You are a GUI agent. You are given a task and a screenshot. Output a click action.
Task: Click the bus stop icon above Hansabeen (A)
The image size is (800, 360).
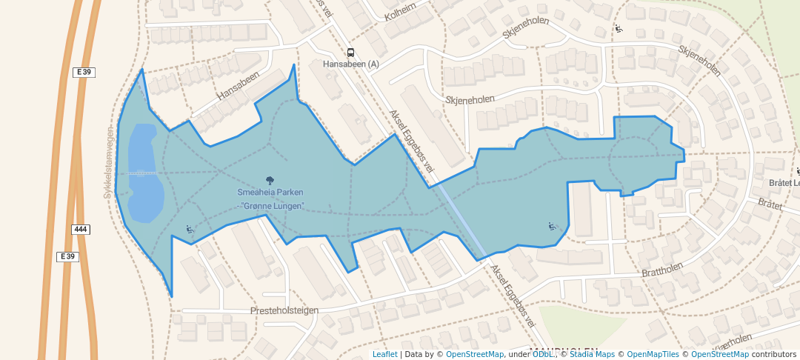(x=350, y=53)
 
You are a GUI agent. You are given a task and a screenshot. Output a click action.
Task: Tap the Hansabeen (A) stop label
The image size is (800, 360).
(x=351, y=64)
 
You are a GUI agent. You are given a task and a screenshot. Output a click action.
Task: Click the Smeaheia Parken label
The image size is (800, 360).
(x=269, y=193)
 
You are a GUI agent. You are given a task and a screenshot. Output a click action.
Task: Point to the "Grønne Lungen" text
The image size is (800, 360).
(x=273, y=205)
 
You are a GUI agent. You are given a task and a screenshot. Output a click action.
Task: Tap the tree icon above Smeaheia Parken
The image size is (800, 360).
(x=269, y=181)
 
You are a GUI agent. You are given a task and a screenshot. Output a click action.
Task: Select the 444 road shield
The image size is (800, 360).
(x=81, y=230)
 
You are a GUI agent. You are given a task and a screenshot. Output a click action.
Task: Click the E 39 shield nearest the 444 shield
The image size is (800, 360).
(x=67, y=256)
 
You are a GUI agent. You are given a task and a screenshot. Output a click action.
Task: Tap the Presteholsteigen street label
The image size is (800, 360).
(x=284, y=310)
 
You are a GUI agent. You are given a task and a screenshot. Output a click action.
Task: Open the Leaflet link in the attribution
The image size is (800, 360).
(x=384, y=354)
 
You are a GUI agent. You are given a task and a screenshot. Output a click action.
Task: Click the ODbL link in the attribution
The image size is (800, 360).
(x=544, y=354)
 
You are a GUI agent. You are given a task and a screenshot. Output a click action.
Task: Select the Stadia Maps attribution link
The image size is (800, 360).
(x=592, y=354)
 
